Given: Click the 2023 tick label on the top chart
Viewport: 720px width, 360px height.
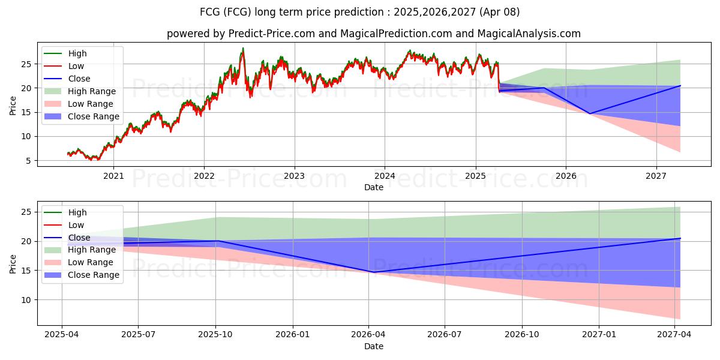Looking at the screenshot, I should (x=294, y=176).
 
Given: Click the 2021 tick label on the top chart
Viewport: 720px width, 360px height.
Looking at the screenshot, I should (x=113, y=176).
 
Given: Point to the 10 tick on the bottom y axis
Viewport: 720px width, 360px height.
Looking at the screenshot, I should (x=27, y=299).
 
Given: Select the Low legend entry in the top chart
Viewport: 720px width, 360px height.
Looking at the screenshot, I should (x=76, y=66).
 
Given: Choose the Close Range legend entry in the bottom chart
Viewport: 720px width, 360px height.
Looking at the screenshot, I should (x=94, y=275).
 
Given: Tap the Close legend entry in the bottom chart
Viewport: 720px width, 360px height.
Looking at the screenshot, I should (x=79, y=238).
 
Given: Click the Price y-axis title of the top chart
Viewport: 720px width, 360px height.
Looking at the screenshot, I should (x=13, y=104).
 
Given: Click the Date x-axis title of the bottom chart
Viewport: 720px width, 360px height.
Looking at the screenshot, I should (x=373, y=346).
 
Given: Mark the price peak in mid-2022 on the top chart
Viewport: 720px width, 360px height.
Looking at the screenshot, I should (x=243, y=49).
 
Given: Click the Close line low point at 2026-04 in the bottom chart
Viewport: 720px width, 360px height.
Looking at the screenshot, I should (x=374, y=272).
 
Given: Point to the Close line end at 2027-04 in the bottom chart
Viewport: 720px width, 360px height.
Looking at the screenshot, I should (x=680, y=238).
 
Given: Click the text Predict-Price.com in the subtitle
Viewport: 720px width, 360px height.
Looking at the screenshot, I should (x=272, y=34).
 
